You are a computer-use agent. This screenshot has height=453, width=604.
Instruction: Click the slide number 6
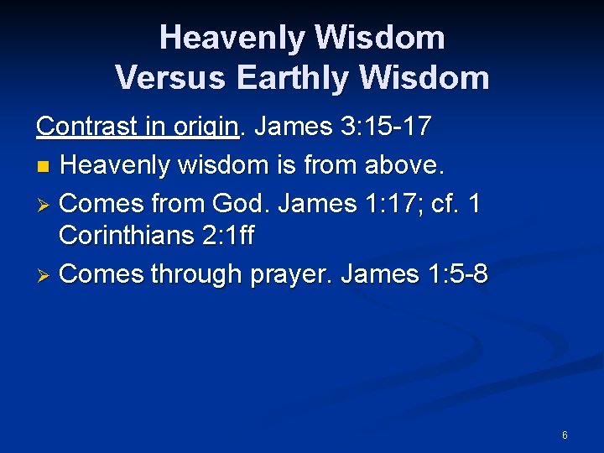coord(565,435)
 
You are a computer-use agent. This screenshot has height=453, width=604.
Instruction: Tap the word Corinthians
coord(127,237)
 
